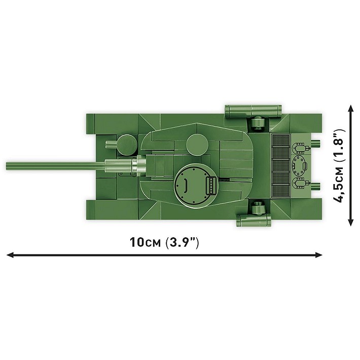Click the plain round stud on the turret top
(x=196, y=146)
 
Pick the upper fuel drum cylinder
(x=252, y=110)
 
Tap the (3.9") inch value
(x=182, y=242)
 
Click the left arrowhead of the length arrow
(x=10, y=255)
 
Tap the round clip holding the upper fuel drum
(x=257, y=123)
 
